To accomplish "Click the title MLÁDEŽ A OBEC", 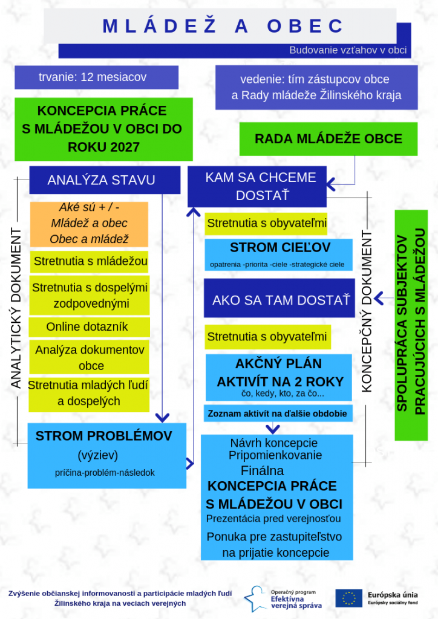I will point(223,26).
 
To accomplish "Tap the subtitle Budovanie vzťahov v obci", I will point(347,50).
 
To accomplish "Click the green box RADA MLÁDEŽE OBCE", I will point(328,139).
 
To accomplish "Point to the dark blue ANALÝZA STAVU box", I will point(101,180).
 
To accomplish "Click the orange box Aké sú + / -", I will point(89,223).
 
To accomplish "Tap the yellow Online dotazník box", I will point(89,327).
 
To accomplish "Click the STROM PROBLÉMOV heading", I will point(103,436).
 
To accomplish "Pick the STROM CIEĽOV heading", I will point(280,248).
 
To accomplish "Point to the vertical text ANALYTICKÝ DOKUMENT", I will point(16,308).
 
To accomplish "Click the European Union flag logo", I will point(348,598).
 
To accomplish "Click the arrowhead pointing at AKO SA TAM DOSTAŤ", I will point(379,297).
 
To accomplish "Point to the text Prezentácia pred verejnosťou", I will point(273,519).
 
